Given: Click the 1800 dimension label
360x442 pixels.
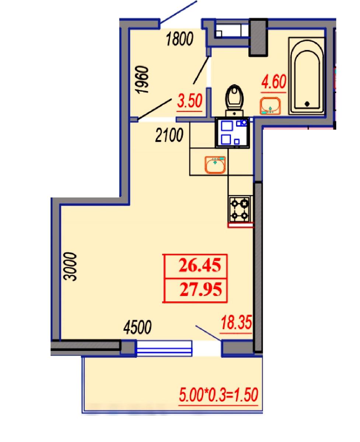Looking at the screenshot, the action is pos(180,39).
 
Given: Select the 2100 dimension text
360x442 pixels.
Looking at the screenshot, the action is pos(169,135).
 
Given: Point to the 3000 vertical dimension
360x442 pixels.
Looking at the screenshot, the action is pos(70,266).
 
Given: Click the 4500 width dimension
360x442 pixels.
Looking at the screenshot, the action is pos(137,327).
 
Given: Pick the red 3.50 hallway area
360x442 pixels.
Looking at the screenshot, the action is pos(189,101).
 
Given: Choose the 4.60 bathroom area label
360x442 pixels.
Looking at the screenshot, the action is pos(274,81).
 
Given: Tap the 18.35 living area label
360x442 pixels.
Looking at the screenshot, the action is pos(236,322).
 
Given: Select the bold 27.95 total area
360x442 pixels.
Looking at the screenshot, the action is pos(201,290).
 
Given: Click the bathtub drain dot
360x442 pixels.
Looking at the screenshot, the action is pos(307,104).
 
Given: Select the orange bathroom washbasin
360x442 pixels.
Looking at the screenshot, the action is pos(270,106).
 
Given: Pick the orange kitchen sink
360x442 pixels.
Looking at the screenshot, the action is pos(215,165).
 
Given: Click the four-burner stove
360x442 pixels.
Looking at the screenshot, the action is pos(240,210).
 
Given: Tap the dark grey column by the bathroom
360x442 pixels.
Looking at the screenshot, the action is pos(258,37).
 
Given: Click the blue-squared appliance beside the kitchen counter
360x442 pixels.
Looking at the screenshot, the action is pos(233,133).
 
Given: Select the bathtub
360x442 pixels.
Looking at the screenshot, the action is pos(306,76).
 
